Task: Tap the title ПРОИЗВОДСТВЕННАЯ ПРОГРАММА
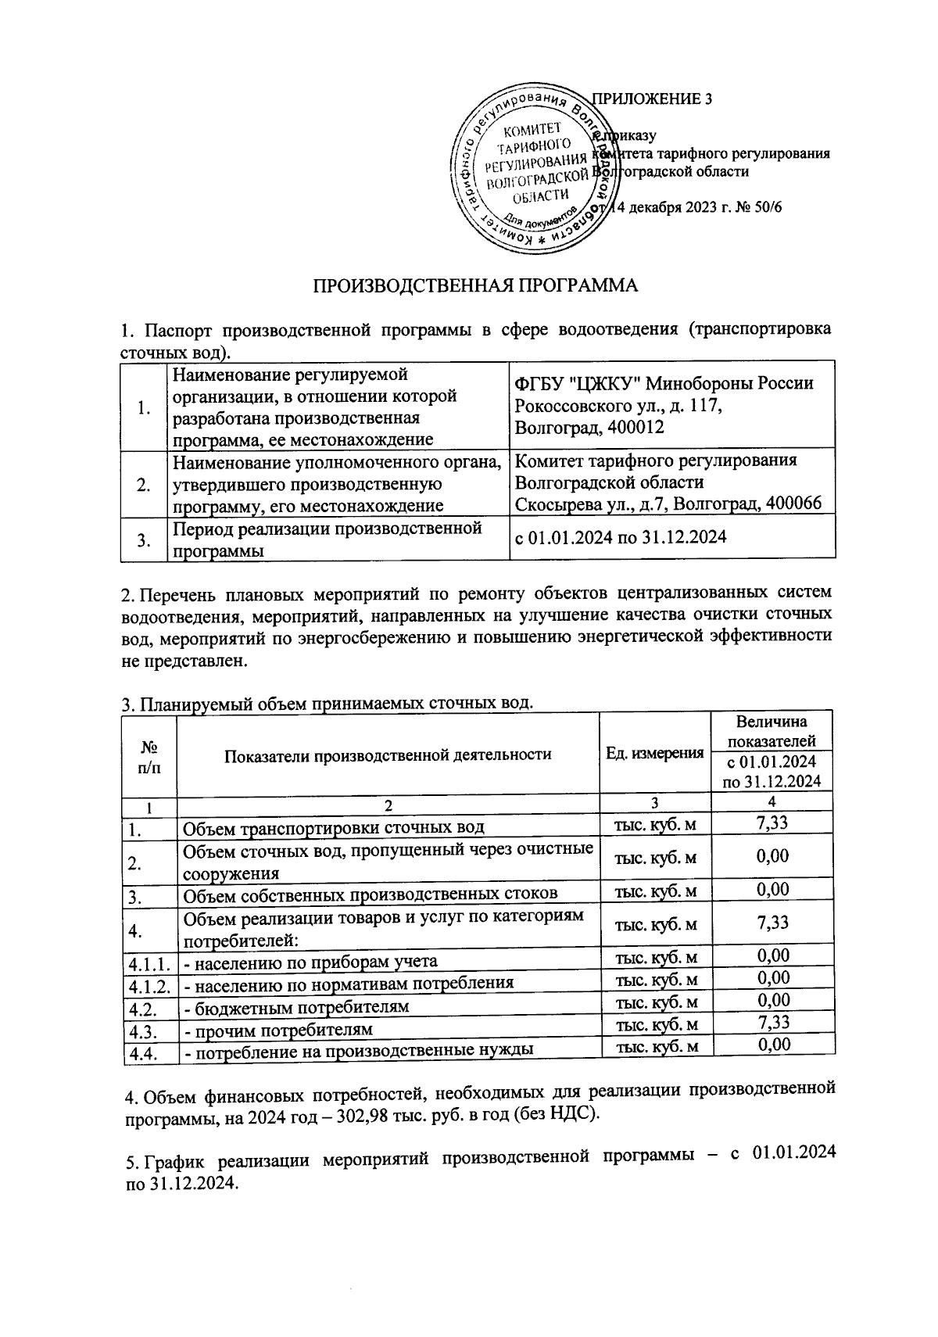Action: click(x=476, y=285)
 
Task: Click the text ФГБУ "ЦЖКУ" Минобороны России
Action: click(x=664, y=384)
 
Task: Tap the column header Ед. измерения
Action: click(x=654, y=754)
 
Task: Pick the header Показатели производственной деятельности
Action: click(x=388, y=755)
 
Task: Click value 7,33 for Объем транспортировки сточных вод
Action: click(x=772, y=822)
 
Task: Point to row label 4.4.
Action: click(x=141, y=1053)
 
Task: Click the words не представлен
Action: click(x=184, y=661)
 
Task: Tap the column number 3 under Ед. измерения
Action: click(x=654, y=802)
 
